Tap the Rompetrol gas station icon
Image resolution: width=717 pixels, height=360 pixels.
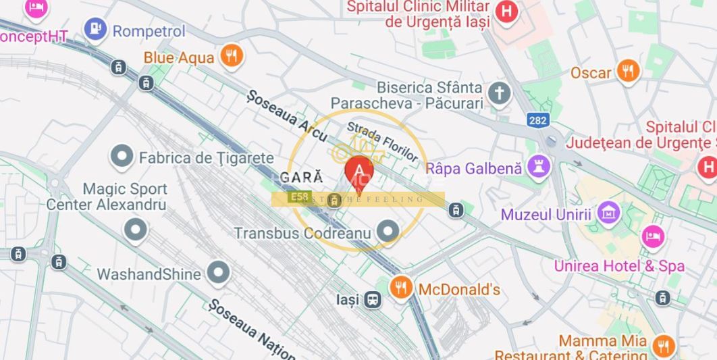pyautogui.click(x=95, y=29)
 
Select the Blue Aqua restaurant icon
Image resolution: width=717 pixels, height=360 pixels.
pyautogui.click(x=231, y=56)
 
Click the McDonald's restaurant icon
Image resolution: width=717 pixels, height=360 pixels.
pyautogui.click(x=401, y=288)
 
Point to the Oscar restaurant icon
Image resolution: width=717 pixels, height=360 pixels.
pyautogui.click(x=628, y=71)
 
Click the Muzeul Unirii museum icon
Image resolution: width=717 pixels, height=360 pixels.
pyautogui.click(x=608, y=213)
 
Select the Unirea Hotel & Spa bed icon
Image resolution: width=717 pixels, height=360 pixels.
pyautogui.click(x=653, y=236)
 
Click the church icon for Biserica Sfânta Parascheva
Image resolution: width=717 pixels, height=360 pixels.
pyautogui.click(x=499, y=94)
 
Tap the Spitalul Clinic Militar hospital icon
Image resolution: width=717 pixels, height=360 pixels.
pyautogui.click(x=506, y=11)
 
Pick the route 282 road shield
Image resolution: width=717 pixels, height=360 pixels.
pyautogui.click(x=538, y=120)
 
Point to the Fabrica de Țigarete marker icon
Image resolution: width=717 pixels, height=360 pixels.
pyautogui.click(x=122, y=157)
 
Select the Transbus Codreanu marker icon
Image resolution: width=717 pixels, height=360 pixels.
pyautogui.click(x=388, y=232)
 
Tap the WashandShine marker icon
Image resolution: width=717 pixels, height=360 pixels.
pyautogui.click(x=218, y=273)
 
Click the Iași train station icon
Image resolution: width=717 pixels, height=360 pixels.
pyautogui.click(x=372, y=299)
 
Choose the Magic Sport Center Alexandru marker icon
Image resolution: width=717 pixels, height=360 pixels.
pyautogui.click(x=136, y=229)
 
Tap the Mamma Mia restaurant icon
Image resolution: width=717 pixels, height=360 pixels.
pyautogui.click(x=664, y=346)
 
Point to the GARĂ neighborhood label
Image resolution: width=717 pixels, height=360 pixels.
pyautogui.click(x=301, y=177)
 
